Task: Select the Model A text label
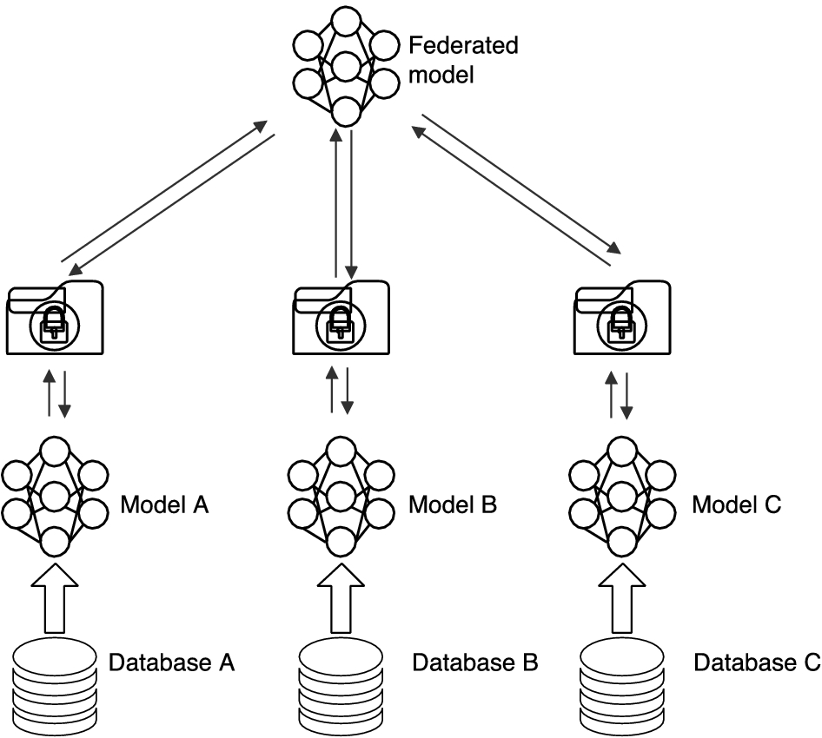point(164,504)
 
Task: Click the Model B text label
point(453,504)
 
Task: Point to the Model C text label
point(737,504)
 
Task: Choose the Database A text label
point(172,663)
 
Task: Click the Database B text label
point(475,663)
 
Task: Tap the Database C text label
point(756,663)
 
